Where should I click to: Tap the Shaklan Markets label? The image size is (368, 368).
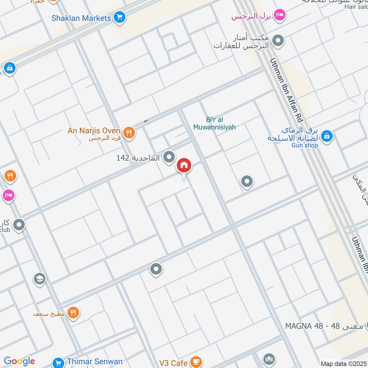(x=81, y=18)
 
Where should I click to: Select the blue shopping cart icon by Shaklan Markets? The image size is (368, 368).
(x=120, y=18)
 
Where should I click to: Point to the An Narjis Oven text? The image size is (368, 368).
(x=94, y=131)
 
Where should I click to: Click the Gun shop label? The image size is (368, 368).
(x=305, y=145)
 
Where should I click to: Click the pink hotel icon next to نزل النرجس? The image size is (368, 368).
(x=279, y=17)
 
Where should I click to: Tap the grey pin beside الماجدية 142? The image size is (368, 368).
(x=169, y=158)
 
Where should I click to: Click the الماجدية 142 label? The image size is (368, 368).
(x=138, y=158)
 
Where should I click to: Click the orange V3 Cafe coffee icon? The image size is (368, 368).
(x=196, y=362)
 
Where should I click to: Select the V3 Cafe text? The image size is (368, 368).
(x=173, y=363)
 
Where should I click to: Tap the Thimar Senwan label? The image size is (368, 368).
(x=94, y=362)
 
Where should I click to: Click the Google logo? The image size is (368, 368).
(x=19, y=361)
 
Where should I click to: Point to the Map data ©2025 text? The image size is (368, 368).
(x=343, y=364)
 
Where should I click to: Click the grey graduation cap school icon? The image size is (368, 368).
(x=40, y=279)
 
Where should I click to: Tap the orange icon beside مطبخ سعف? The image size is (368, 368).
(x=73, y=313)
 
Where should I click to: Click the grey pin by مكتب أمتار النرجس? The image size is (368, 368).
(x=278, y=41)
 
